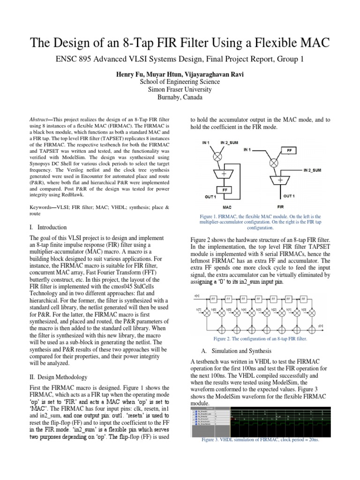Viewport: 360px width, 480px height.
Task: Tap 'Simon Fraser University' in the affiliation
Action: click(x=180, y=89)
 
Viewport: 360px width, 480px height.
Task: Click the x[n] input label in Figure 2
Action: click(x=197, y=297)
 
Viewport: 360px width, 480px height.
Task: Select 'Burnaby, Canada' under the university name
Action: click(x=180, y=97)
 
